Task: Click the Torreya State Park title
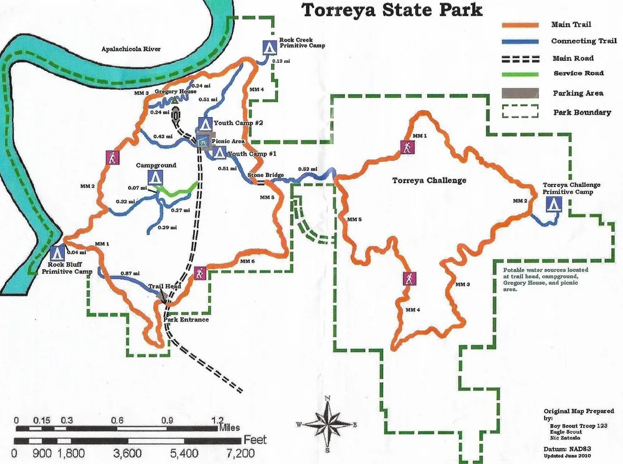[x=392, y=10]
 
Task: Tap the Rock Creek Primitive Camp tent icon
[x=269, y=47]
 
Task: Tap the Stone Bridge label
[x=265, y=176]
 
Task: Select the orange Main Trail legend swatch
[x=520, y=25]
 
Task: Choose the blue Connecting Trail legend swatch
[x=520, y=42]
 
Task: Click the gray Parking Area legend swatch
[x=520, y=93]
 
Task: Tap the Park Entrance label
[x=186, y=320]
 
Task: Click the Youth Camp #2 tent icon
[x=204, y=123]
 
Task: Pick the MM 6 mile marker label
[x=248, y=261]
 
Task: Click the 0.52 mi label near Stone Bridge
[x=308, y=169]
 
